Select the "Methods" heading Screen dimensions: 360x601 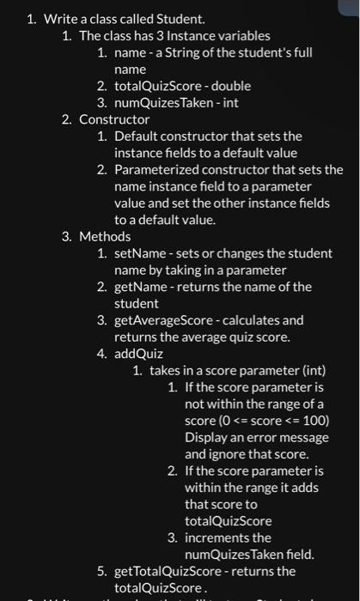click(x=105, y=236)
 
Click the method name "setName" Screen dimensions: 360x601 click(x=139, y=253)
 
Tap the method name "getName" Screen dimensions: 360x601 click(x=140, y=287)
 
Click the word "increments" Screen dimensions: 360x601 click(x=216, y=537)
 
